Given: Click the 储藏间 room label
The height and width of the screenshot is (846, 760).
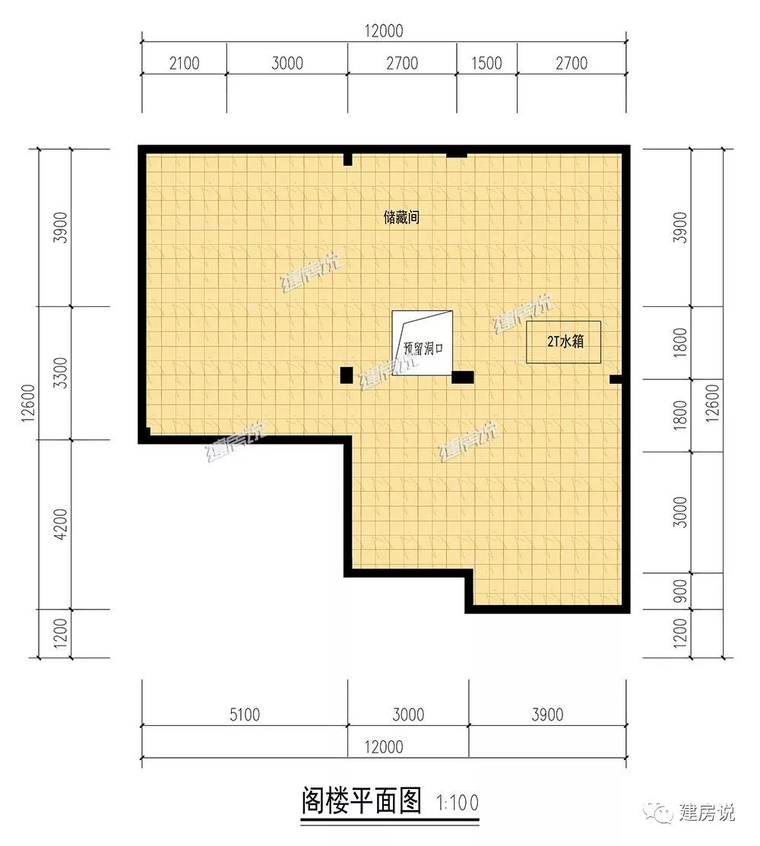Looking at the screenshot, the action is point(401,217).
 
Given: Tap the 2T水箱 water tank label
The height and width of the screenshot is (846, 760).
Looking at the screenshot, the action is point(565,341).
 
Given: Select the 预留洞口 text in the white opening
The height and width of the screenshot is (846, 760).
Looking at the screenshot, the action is point(423,348).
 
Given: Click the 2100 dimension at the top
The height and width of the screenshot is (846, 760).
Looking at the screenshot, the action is point(185,64).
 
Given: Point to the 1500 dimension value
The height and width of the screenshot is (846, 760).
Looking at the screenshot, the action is point(486,64).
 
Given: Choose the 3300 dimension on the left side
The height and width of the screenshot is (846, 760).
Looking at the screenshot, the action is point(61,372).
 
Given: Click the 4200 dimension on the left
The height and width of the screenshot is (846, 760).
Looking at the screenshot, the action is point(61,524).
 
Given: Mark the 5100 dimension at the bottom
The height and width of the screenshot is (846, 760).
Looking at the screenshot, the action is point(245,715).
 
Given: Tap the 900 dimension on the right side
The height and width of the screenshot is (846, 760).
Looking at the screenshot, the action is point(681,591).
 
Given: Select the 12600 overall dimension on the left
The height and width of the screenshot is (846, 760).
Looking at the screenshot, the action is point(29,403).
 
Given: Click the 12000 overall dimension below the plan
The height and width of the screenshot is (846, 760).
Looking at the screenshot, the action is point(384,747).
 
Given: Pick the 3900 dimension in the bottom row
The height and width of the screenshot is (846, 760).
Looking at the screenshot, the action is point(547,715).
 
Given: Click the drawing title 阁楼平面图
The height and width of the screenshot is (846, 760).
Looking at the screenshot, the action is point(362,800).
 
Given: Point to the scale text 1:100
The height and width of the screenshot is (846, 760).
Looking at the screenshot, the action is point(458,803).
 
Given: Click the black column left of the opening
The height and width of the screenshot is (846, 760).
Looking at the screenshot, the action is point(347,375).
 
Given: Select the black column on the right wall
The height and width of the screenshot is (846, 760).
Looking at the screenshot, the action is point(616,380).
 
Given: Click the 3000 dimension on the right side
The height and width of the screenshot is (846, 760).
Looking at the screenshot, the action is point(681,512).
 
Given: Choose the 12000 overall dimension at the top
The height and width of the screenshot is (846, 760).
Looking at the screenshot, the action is point(384,30).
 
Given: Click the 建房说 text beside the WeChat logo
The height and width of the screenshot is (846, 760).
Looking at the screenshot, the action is point(707,812).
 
